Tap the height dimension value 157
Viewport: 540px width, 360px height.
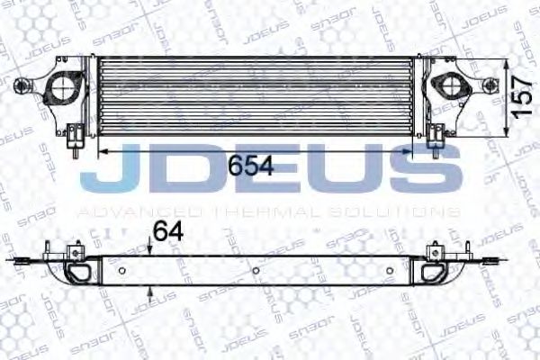[x=519, y=90]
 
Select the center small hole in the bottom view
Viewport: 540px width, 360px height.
[x=256, y=270]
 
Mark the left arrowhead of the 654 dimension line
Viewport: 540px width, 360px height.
[x=101, y=153]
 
